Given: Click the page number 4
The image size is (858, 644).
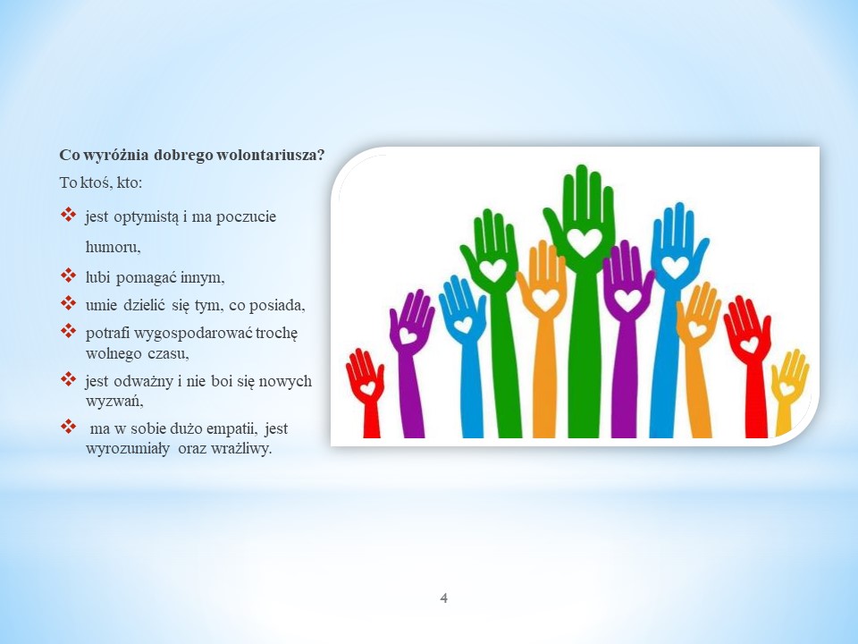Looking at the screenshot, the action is click(x=444, y=598).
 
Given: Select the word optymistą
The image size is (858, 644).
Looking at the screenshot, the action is click(x=146, y=217).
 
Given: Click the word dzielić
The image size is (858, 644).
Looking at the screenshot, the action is click(x=144, y=304).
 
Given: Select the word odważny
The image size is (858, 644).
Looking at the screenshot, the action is click(x=142, y=381).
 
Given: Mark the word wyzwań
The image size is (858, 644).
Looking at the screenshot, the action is click(x=114, y=402).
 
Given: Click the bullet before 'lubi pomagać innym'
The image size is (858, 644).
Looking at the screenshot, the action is click(x=69, y=275).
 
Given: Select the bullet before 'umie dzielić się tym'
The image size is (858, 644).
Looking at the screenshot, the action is click(x=69, y=302).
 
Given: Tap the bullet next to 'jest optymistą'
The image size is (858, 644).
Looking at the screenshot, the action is click(x=69, y=215).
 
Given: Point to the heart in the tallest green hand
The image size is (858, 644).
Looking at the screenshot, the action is click(x=584, y=242).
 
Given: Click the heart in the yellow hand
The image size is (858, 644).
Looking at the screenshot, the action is click(x=786, y=389).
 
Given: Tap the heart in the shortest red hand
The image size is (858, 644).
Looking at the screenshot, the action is click(x=367, y=387).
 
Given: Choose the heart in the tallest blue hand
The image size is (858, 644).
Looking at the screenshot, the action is click(x=675, y=267).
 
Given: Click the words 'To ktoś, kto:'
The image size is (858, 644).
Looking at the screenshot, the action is click(x=101, y=182).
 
